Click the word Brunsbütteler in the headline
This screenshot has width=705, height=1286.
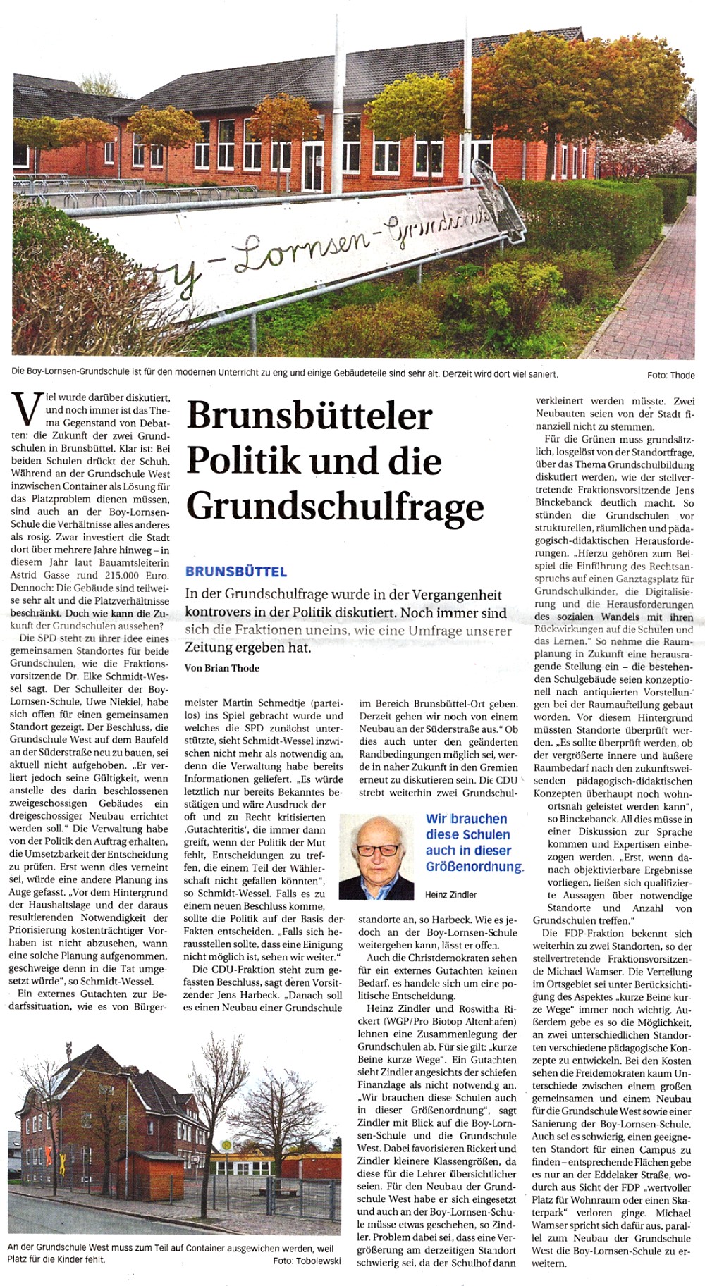point(309,416)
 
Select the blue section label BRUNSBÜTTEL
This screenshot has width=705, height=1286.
point(236,571)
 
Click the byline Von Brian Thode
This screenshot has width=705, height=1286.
point(222,668)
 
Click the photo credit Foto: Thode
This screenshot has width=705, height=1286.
point(670,375)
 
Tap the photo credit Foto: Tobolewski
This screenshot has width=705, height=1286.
point(307,1260)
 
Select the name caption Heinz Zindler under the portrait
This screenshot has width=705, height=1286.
point(451,894)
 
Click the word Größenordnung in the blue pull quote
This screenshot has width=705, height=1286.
point(474,866)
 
